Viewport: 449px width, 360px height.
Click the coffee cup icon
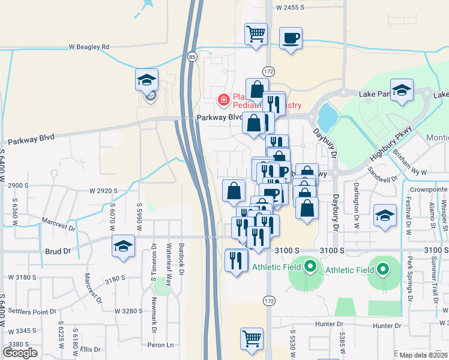pos(291,38)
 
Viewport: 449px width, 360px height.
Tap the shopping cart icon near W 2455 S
pos(256,34)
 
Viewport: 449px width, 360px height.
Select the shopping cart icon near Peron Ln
pos(252,338)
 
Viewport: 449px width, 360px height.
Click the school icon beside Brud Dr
pos(124,247)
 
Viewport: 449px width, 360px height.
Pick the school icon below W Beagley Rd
pos(146,80)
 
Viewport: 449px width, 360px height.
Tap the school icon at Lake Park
pos(402,91)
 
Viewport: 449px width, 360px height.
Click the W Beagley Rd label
pos(89,46)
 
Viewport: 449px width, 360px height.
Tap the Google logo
pos(20,353)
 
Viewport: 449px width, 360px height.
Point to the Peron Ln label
pos(161,345)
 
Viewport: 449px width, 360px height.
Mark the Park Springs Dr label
pos(410,279)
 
